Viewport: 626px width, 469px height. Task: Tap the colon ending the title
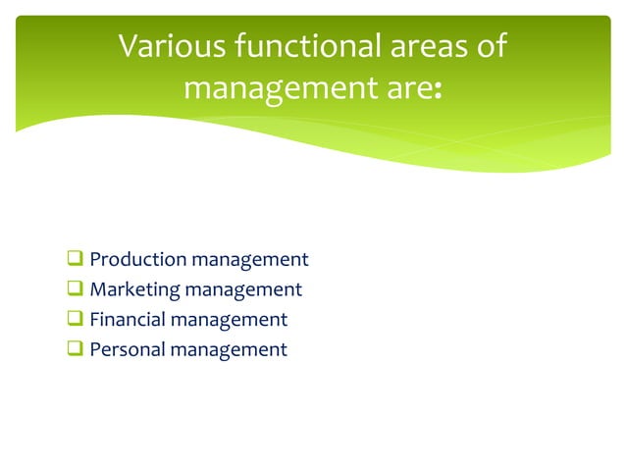(437, 91)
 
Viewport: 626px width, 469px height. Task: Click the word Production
(138, 260)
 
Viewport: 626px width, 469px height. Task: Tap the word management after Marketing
(245, 289)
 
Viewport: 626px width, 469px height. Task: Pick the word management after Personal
(231, 348)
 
